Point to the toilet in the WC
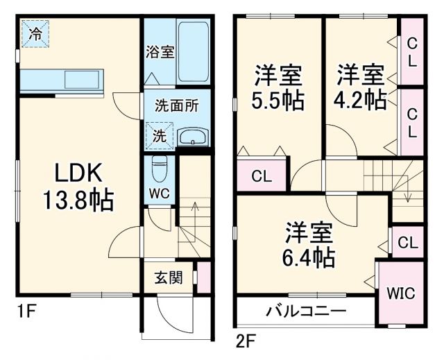click(159, 168)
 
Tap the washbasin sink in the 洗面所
click(191, 136)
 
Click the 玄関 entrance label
click(168, 278)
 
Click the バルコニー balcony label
click(305, 310)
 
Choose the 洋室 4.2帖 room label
click(361, 87)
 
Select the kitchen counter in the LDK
click(62, 80)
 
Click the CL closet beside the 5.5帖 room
click(262, 176)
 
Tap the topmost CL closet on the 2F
click(411, 51)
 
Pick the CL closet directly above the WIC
click(409, 243)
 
